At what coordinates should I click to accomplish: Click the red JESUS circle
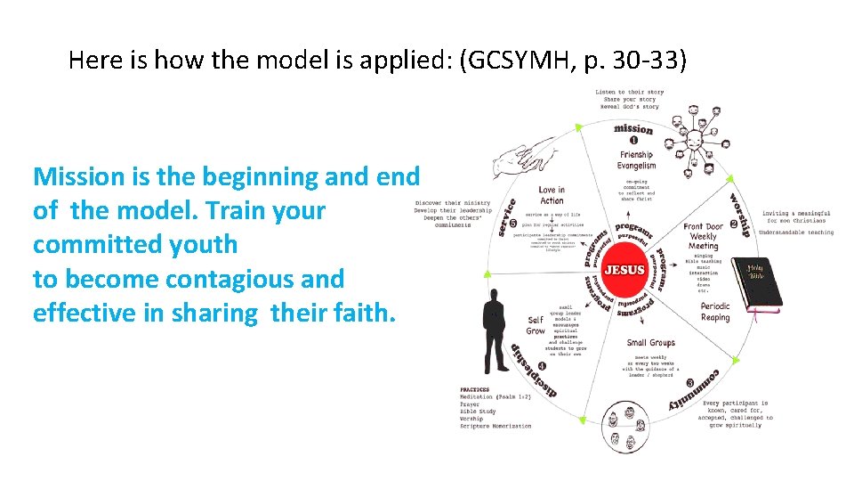point(624,269)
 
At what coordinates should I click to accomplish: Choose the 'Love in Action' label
point(552,195)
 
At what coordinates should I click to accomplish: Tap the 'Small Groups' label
point(650,343)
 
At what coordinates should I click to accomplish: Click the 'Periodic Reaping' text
point(714,312)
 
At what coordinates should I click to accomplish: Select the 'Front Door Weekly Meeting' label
point(704,236)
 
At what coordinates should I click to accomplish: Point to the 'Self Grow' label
point(536,325)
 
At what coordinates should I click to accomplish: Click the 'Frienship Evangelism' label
point(637,160)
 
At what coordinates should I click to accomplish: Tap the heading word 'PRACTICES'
point(475,389)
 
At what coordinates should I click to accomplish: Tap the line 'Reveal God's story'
point(630,107)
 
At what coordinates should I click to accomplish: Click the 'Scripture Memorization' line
point(495,426)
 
